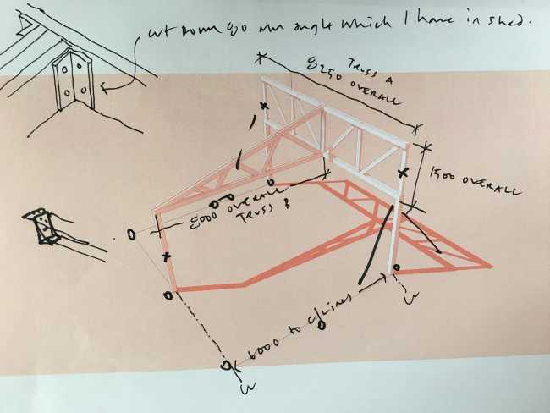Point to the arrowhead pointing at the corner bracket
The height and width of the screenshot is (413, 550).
(105, 85)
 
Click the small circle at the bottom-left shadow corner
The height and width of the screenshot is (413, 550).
(168, 295)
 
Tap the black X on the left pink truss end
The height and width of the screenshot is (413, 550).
(167, 255)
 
